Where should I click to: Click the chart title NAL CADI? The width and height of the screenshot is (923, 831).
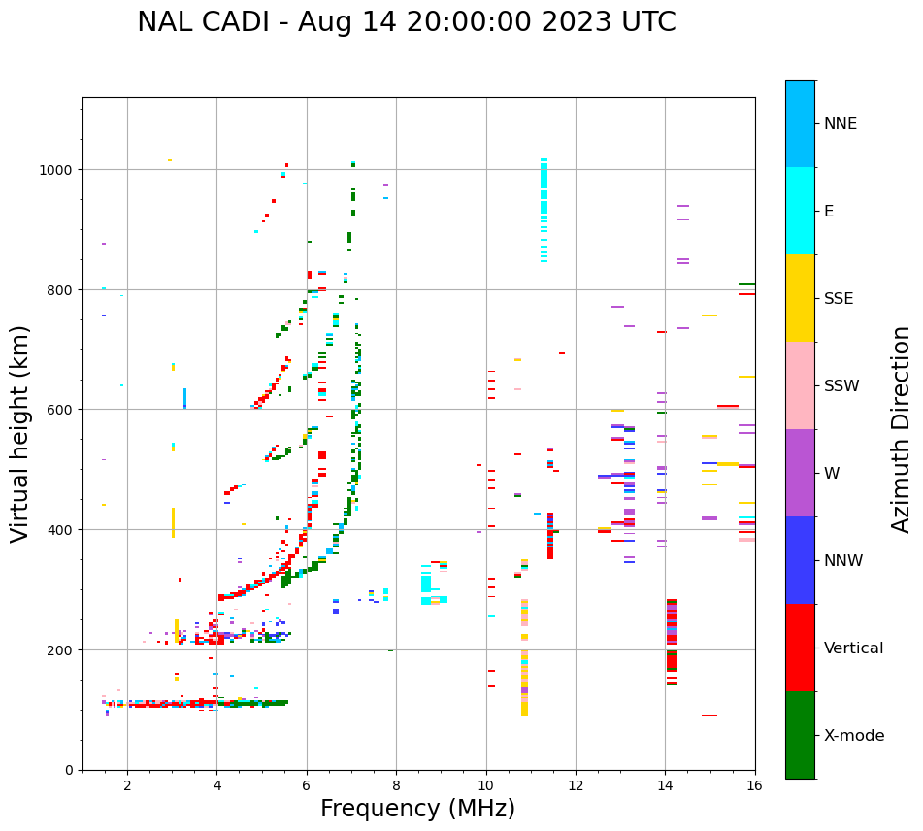(x=406, y=22)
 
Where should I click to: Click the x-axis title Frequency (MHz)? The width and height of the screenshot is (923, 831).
(x=417, y=809)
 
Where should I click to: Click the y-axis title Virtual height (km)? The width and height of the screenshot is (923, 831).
(x=20, y=433)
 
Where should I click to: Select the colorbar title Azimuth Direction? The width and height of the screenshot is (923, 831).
(x=902, y=429)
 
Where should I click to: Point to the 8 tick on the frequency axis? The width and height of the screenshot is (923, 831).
(x=396, y=786)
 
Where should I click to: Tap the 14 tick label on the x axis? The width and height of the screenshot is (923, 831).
(x=665, y=786)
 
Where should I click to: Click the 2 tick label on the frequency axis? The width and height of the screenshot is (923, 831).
(x=127, y=786)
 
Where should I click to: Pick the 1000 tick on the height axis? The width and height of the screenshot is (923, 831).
(x=58, y=170)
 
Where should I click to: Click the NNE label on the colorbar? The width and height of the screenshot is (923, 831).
(x=841, y=123)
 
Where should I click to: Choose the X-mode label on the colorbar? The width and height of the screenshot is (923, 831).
(x=854, y=736)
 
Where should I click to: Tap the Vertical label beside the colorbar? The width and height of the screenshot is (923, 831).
(x=854, y=648)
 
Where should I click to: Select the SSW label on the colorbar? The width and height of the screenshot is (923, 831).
(x=841, y=385)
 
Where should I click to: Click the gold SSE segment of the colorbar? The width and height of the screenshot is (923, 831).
(x=800, y=298)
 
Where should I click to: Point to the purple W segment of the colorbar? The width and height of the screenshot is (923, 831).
(x=800, y=473)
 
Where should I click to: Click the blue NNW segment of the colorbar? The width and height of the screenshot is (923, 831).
(x=800, y=560)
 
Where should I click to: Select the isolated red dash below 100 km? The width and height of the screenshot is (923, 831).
(x=709, y=715)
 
